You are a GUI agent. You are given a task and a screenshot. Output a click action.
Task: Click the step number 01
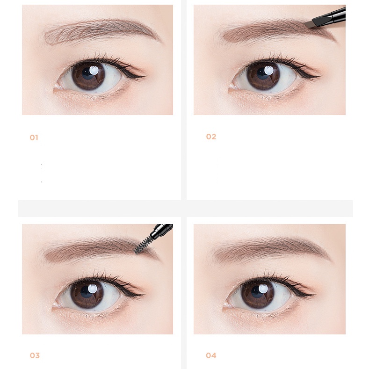point(34,137)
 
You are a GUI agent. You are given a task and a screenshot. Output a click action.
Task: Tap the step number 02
point(211,137)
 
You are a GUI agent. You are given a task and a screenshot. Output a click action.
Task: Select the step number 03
point(35,355)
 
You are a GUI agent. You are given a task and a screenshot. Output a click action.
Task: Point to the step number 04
point(211,355)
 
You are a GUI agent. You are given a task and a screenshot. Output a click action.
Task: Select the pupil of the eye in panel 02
point(262,74)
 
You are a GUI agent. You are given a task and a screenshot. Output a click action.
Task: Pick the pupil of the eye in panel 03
point(86,292)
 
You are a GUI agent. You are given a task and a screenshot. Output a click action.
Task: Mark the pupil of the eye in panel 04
point(256,292)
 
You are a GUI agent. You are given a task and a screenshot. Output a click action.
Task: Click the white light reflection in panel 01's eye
point(94,70)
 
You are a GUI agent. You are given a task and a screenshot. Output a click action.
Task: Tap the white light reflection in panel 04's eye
point(263,289)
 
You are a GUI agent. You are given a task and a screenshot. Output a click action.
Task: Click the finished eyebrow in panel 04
point(271,250)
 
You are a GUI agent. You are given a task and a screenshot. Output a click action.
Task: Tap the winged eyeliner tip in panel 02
point(319,76)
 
